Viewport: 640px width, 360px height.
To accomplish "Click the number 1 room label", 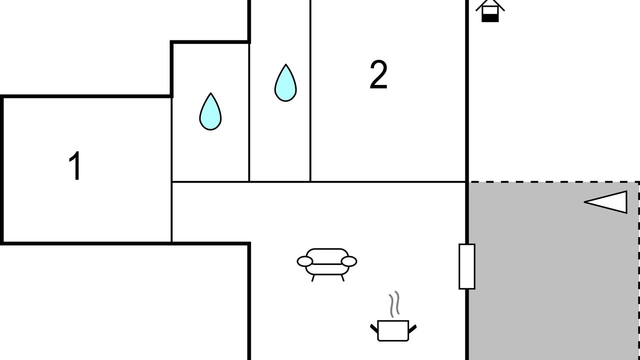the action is point(75,165).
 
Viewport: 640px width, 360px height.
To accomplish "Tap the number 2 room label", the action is point(378,74).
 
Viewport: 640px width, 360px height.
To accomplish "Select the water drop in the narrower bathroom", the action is point(285,83).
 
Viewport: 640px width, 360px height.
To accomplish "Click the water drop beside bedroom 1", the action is point(210,111).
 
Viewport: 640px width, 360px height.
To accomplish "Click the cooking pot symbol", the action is point(393,330).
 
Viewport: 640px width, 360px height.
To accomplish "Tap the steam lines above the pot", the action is point(394,304).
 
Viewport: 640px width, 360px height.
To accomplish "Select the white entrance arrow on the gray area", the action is point(605,202).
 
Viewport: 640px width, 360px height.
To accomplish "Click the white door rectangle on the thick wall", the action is point(467,266).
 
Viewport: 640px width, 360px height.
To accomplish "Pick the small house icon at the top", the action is point(490,10).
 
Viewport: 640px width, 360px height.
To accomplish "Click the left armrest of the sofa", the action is point(305,261).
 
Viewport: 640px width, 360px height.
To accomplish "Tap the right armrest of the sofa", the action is point(349,261).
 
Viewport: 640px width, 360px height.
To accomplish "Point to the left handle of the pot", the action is point(374,329).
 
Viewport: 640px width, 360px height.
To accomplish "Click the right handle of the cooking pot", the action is point(412,329).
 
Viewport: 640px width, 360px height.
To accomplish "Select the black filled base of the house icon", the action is point(490,18).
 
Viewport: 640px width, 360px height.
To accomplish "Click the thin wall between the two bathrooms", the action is point(249,112).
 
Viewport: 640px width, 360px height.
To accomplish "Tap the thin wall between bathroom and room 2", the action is point(310,90).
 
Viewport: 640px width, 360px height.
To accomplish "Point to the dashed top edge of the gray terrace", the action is point(553,181).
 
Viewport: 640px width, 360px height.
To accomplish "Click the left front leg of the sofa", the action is point(313,278).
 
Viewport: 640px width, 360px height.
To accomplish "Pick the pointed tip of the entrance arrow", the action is point(584,202).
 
